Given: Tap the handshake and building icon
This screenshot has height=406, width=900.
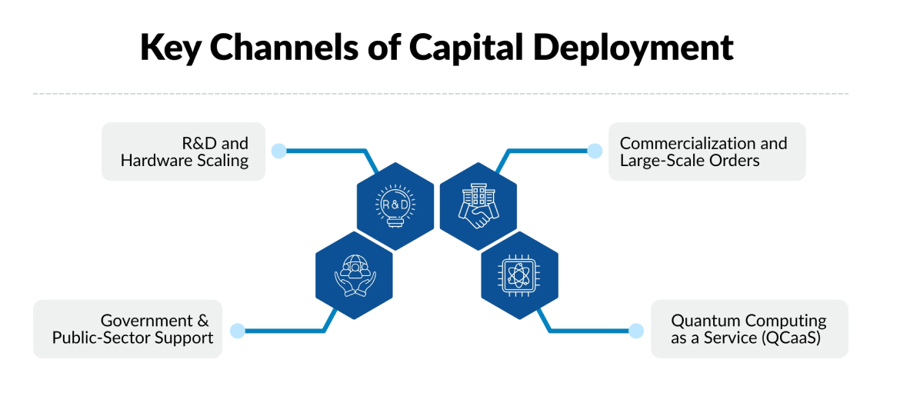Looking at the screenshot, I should point(478,206).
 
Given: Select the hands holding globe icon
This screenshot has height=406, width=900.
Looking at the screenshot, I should point(354,275).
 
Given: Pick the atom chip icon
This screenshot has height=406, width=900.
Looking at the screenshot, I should point(519,275).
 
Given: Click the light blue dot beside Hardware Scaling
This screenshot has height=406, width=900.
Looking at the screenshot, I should point(279,151).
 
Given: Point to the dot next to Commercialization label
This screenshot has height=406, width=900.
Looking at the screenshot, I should point(595,151).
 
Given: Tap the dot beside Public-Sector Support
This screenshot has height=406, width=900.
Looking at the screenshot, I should point(238,331).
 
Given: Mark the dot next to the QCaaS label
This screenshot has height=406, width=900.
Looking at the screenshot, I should point(635,331).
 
